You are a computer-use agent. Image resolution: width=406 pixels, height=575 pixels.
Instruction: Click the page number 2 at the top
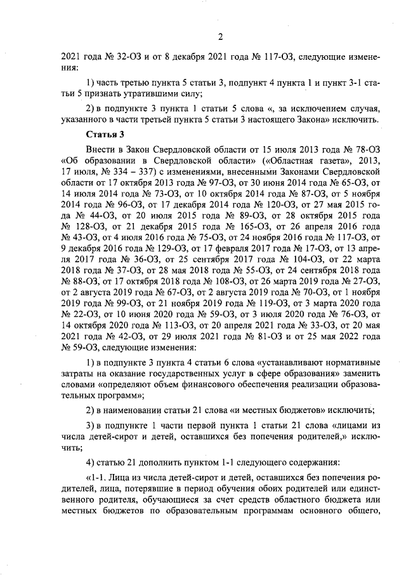pos(220,36)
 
